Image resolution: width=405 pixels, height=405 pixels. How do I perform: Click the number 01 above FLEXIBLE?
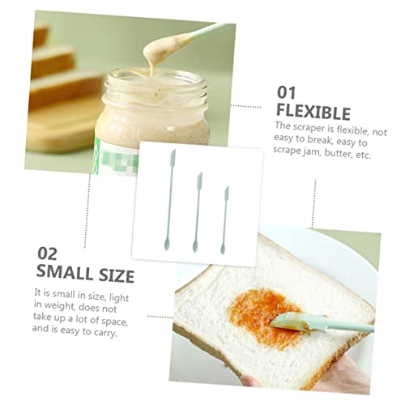tap(287, 92)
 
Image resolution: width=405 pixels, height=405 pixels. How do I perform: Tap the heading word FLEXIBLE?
tap(313, 112)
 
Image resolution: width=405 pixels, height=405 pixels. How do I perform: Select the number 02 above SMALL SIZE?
tap(47, 254)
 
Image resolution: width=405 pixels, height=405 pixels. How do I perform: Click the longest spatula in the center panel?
tap(169, 200)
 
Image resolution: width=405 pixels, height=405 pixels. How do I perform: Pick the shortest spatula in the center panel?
tap(224, 220)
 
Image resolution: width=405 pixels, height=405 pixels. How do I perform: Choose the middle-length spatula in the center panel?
tap(198, 212)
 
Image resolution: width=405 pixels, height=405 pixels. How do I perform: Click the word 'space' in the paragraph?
tap(114, 321)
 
